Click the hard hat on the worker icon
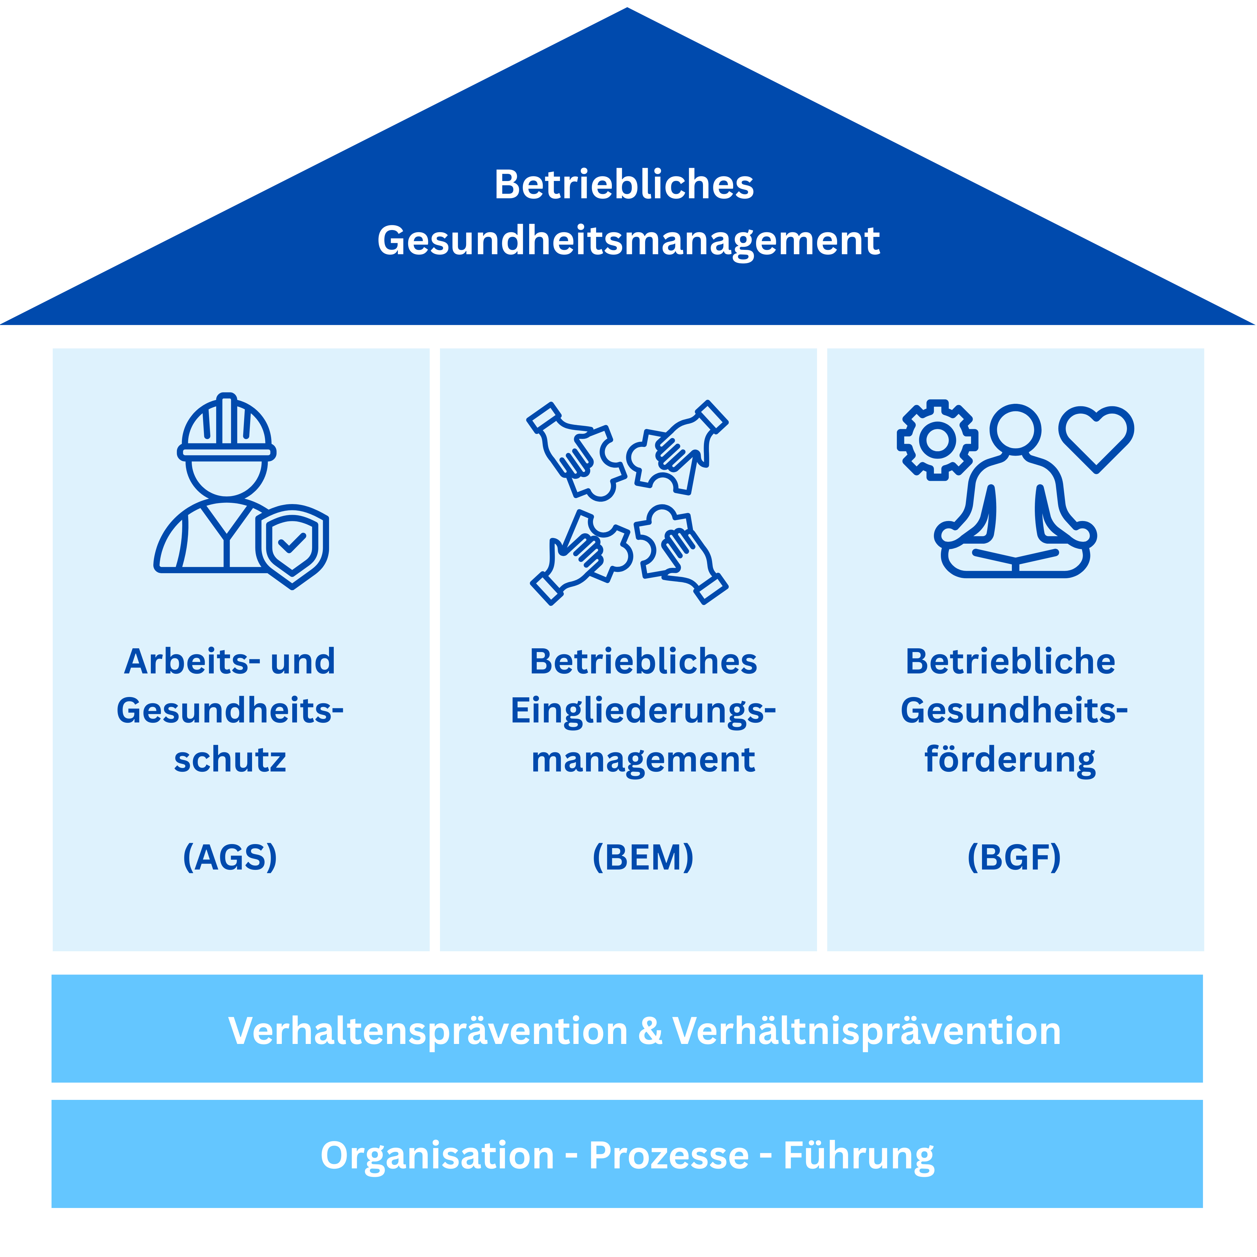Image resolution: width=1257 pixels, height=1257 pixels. coord(226,426)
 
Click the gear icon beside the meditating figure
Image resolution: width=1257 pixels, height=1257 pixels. coord(937,440)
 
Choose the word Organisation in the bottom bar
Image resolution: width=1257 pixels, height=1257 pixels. coord(437,1155)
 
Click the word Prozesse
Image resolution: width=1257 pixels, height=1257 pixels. coord(669,1155)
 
